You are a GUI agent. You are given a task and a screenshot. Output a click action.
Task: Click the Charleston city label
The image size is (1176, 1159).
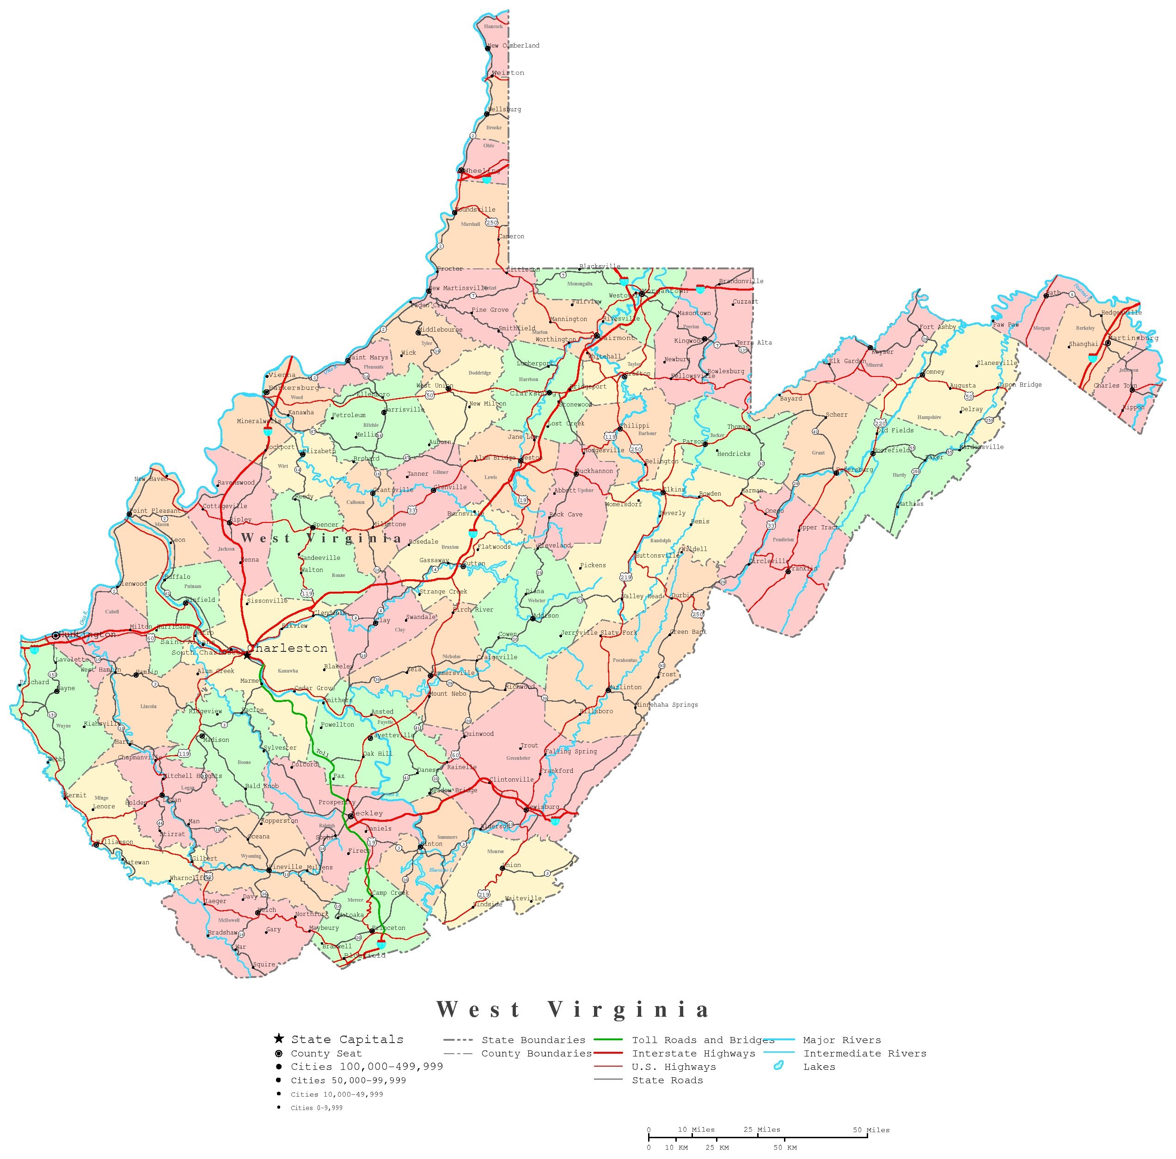[287, 649]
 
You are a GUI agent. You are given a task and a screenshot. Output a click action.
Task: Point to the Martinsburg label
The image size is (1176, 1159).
[1133, 338]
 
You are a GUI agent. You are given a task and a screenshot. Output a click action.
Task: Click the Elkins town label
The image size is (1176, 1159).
[674, 489]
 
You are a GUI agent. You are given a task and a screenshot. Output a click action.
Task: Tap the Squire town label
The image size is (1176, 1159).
[263, 965]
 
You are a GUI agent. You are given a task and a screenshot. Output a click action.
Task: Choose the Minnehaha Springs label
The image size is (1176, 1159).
[667, 704]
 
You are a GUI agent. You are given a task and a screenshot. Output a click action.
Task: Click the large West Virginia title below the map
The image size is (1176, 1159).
[573, 1009]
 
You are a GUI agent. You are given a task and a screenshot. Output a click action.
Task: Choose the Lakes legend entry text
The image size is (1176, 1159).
[819, 1067]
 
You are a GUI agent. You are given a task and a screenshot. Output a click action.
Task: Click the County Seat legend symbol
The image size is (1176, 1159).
[279, 1053]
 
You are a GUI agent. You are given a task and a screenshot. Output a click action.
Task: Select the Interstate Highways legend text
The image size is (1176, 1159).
[693, 1053]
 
